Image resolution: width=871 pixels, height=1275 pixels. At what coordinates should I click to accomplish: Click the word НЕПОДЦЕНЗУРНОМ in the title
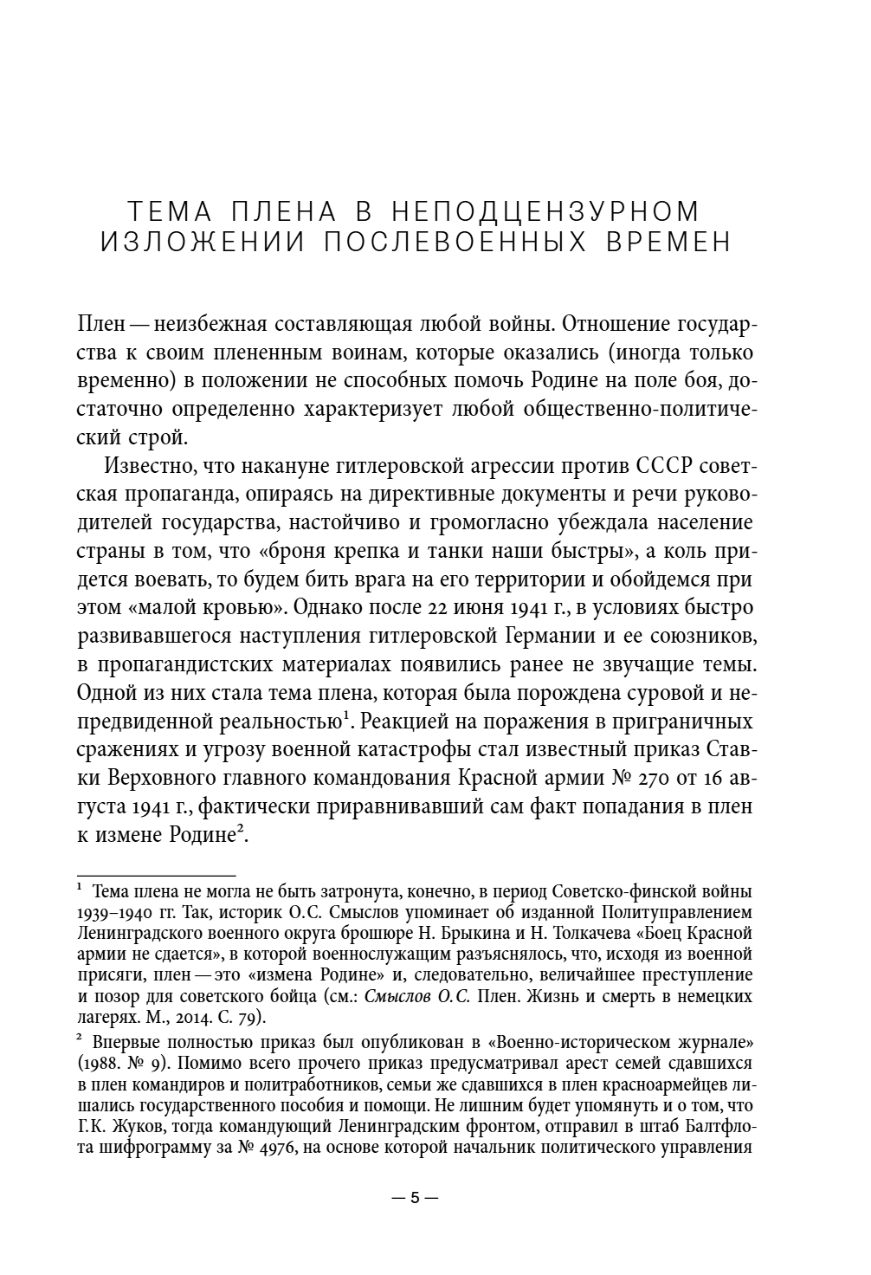545,210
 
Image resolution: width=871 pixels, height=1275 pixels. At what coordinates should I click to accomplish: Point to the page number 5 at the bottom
415,1199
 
